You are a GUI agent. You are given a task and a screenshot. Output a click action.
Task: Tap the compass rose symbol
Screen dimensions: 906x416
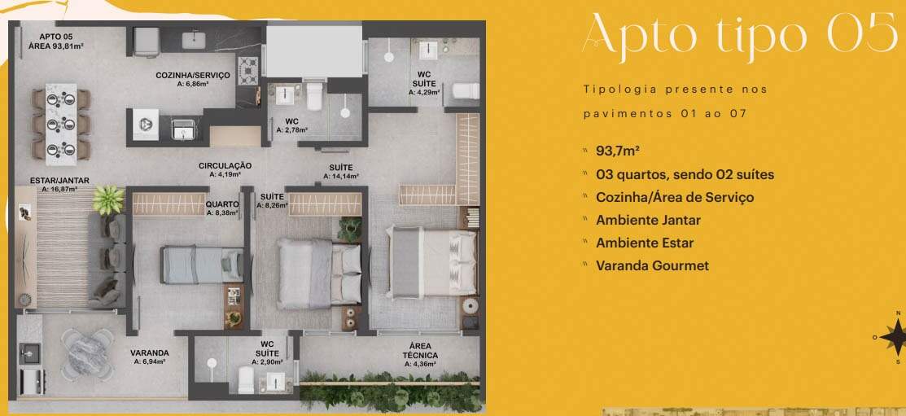[x=898, y=337]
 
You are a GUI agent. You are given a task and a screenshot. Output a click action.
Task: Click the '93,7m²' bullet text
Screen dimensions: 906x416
[x=618, y=151]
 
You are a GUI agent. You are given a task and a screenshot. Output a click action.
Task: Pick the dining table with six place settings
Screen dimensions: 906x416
[x=61, y=125]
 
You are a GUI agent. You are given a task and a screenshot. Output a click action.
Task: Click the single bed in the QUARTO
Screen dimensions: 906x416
[x=202, y=265]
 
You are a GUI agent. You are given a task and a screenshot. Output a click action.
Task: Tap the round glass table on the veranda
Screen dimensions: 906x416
[x=87, y=354]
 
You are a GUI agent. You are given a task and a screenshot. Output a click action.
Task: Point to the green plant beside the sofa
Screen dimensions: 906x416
[x=108, y=200]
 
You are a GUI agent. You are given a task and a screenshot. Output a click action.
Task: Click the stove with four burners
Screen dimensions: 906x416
[x=249, y=71]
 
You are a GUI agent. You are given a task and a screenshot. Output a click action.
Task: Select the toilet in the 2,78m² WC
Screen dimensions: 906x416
[x=313, y=97]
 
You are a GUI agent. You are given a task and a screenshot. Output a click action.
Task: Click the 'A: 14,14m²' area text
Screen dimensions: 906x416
[x=341, y=176]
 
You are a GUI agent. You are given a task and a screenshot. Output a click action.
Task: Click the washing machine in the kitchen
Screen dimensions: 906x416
[x=146, y=125]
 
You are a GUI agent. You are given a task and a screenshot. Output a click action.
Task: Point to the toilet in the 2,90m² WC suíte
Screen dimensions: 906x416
[x=246, y=379]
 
